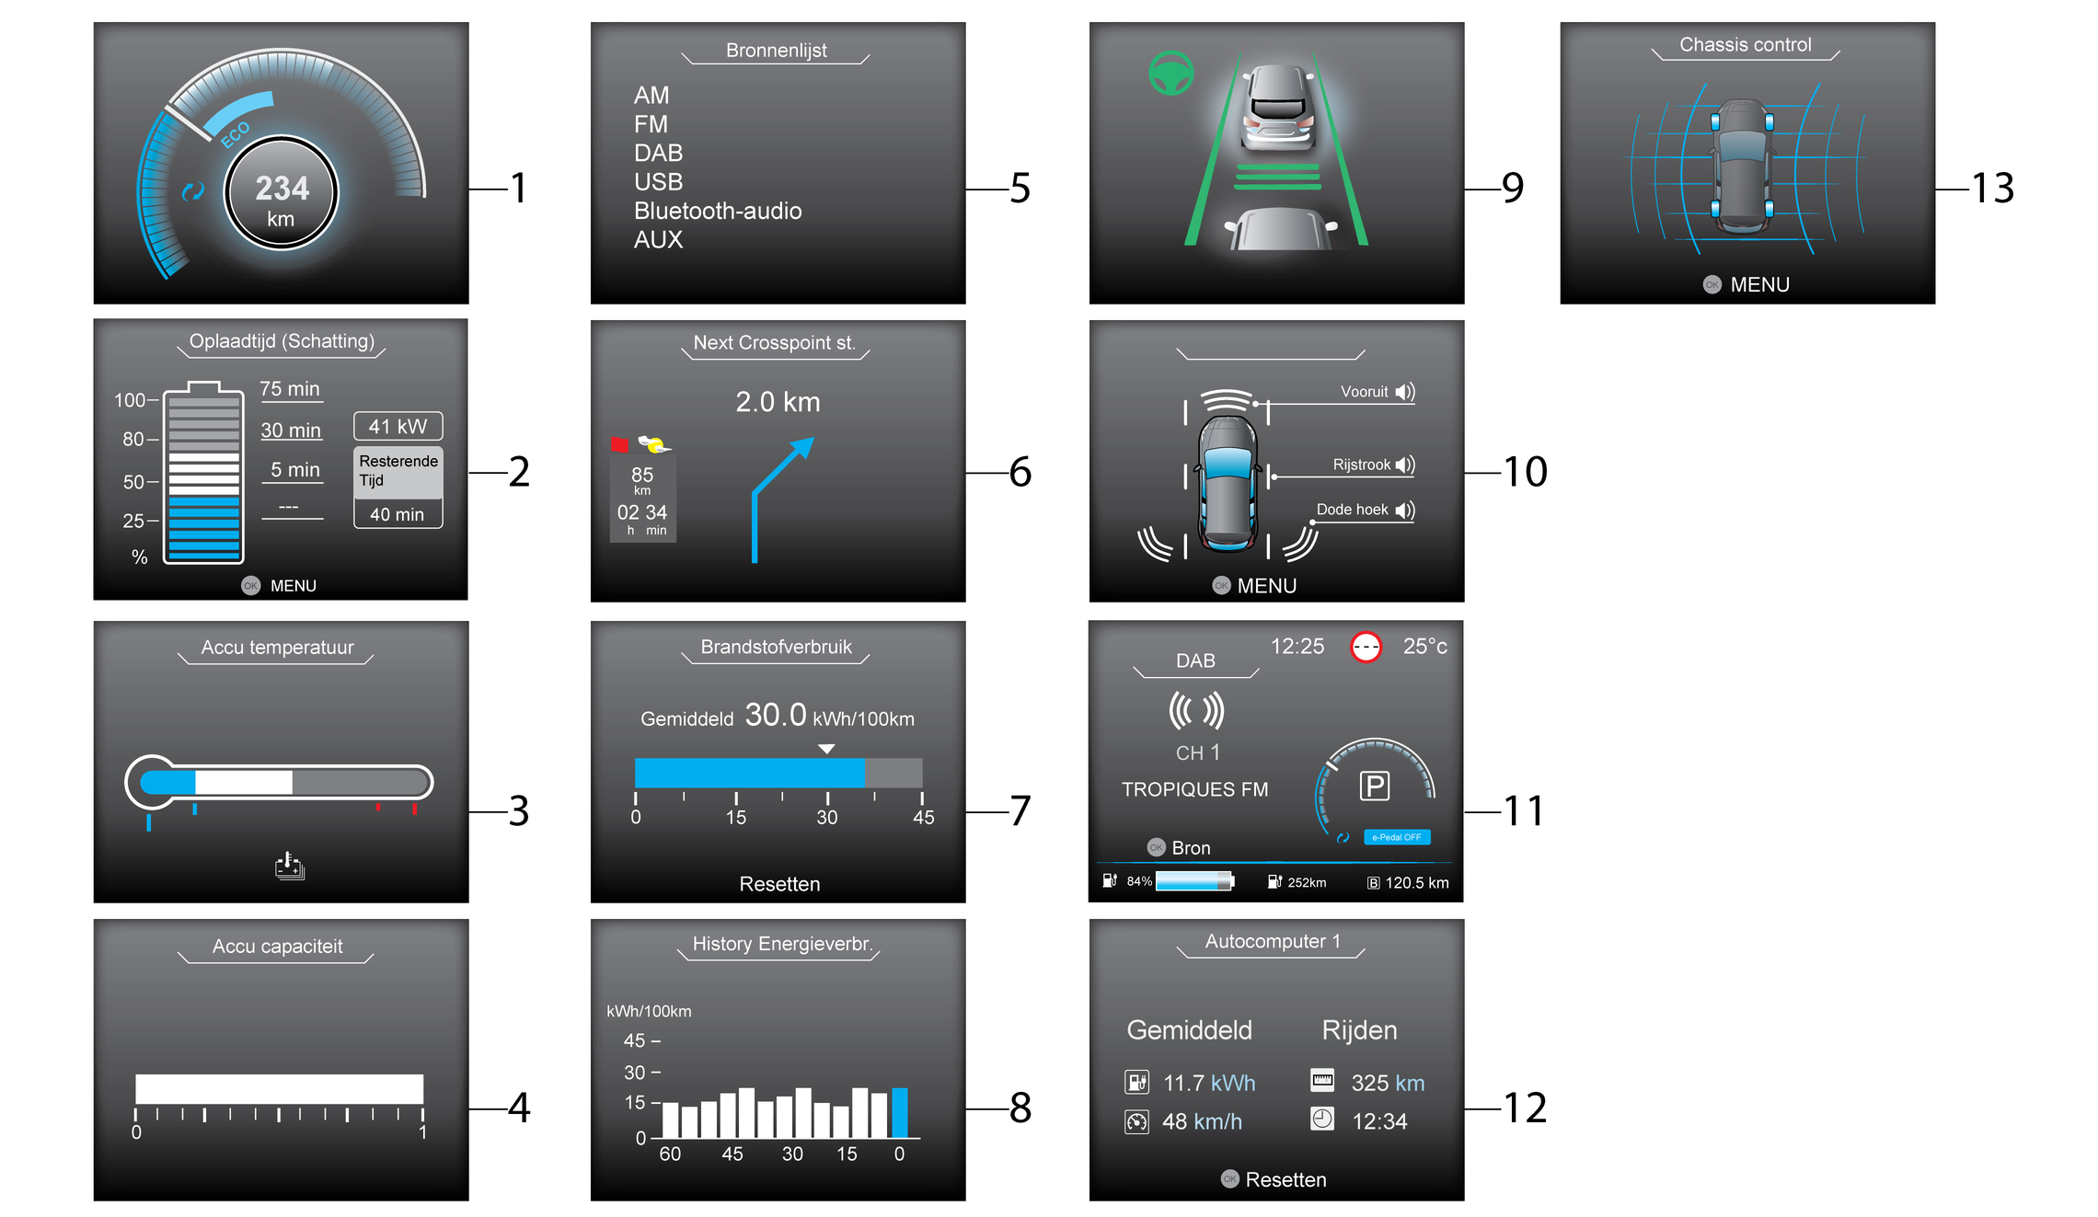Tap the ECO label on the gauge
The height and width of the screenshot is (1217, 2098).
(236, 134)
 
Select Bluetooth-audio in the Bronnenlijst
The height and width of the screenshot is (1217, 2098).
(718, 212)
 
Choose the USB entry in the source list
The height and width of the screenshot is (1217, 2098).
(658, 182)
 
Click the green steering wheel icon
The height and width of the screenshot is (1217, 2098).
(1171, 73)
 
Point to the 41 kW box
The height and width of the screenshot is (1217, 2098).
(398, 426)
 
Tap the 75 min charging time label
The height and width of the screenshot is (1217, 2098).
(290, 389)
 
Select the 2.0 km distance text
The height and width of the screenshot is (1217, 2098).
(778, 402)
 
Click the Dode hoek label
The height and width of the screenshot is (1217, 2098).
(1352, 510)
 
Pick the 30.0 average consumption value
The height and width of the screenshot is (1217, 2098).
(775, 715)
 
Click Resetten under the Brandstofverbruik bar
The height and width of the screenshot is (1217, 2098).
(779, 884)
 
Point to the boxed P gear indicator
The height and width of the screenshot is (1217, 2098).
(1375, 786)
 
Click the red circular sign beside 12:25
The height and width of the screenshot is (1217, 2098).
(1366, 648)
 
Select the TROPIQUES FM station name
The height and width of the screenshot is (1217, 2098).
(1194, 789)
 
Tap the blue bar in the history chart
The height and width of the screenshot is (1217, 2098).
(900, 1113)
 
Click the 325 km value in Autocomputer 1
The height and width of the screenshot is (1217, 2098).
(1388, 1084)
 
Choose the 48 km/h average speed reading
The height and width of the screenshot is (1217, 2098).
(1202, 1122)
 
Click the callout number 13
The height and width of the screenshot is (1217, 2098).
(1992, 189)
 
